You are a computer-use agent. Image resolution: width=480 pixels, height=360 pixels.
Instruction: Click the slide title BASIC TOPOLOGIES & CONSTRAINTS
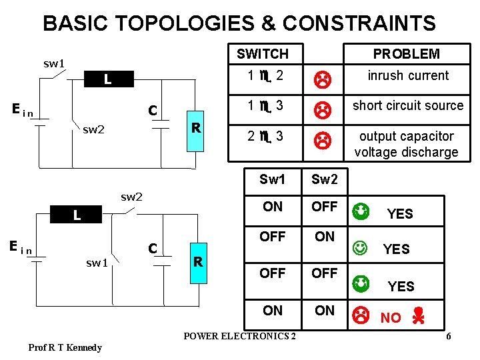point(239,24)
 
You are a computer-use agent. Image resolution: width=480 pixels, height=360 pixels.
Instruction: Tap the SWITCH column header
point(263,54)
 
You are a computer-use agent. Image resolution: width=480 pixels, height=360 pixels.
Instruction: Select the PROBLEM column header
point(406,54)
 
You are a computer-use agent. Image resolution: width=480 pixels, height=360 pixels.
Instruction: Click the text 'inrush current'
point(408,75)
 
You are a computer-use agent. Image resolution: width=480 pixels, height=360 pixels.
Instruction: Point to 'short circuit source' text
point(407,105)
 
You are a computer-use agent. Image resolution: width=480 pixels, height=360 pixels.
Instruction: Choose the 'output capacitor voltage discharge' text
point(406,144)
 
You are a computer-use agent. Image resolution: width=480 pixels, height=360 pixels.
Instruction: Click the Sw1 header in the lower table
point(272,179)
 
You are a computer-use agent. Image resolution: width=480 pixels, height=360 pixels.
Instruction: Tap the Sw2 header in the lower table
point(325,179)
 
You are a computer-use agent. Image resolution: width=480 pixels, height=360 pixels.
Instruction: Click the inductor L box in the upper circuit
point(107,80)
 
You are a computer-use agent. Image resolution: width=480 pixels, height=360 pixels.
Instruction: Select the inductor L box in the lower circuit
point(77,215)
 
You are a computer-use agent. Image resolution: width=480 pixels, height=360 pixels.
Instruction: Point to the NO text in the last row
point(391,318)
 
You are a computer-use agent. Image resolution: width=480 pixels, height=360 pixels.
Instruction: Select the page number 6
point(449,336)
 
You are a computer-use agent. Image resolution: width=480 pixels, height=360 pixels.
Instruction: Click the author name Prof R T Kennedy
point(65,347)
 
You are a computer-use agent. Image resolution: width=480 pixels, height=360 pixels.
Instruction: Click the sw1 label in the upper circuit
point(54,65)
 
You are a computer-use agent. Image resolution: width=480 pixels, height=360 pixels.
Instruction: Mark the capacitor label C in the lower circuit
point(153,248)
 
